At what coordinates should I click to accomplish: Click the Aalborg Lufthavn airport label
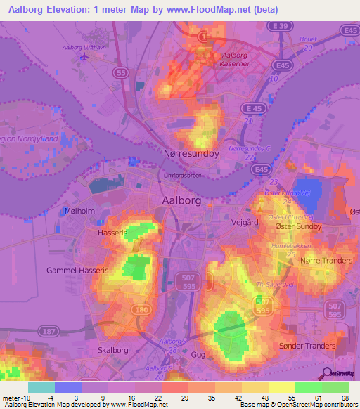[x=83, y=47]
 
